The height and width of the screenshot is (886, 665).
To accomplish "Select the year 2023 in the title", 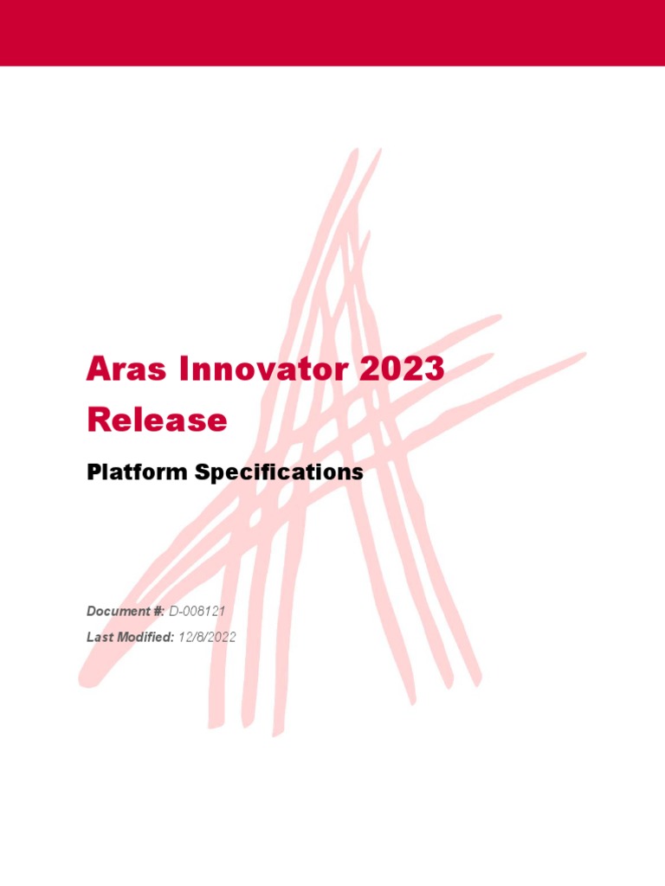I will click(x=402, y=369).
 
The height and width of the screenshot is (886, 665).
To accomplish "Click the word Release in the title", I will click(x=157, y=421).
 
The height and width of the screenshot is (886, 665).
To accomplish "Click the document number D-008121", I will click(x=197, y=612).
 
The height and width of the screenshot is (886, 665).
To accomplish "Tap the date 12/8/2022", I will click(x=206, y=637).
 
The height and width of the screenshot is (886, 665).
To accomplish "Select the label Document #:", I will click(x=126, y=612).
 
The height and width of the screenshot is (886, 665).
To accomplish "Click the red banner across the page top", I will click(x=332, y=33).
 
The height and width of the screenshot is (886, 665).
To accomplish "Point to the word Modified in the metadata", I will click(x=146, y=637).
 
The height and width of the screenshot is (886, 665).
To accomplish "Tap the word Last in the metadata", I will click(x=100, y=637).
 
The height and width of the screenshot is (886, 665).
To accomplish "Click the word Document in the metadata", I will click(x=119, y=612).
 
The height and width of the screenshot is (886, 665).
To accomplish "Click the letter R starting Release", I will click(x=98, y=421).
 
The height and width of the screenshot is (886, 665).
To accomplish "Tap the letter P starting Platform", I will click(x=94, y=472).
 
